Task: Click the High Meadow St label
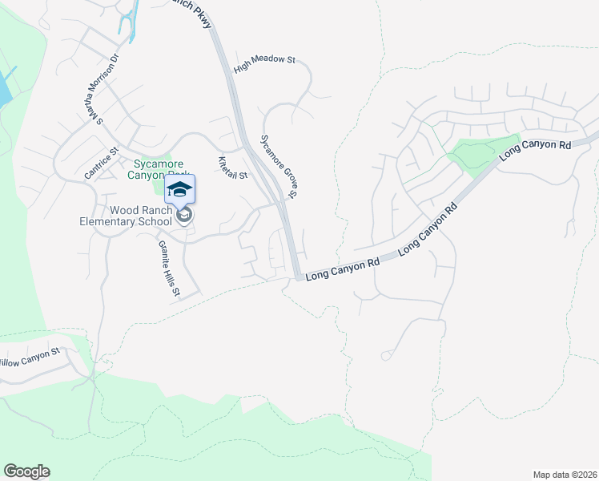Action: coord(265,60)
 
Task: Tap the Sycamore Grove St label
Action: coord(280,166)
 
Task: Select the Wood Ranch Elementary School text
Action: coord(129,216)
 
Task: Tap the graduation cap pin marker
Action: coord(180,188)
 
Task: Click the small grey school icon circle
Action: coord(184,216)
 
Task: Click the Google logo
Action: coord(26,471)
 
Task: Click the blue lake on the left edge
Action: coord(4,88)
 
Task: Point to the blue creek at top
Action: coord(125,20)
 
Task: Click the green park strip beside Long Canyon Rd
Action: coord(480,154)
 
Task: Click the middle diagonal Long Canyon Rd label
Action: coord(428,228)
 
